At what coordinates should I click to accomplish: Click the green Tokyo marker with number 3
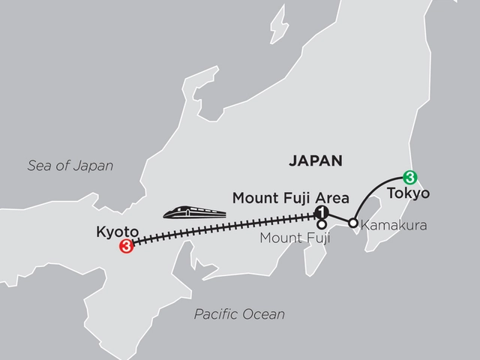[409, 178]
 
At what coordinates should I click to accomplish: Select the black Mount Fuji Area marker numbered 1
[322, 212]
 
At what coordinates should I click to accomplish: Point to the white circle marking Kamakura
[352, 223]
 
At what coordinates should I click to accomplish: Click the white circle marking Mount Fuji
[322, 223]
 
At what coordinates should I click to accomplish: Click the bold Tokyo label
[409, 193]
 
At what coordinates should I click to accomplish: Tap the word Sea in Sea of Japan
[37, 166]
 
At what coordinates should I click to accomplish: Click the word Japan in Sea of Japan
[94, 166]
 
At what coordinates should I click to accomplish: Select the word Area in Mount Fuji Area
[332, 198]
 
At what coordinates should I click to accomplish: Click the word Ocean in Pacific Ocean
[265, 315]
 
